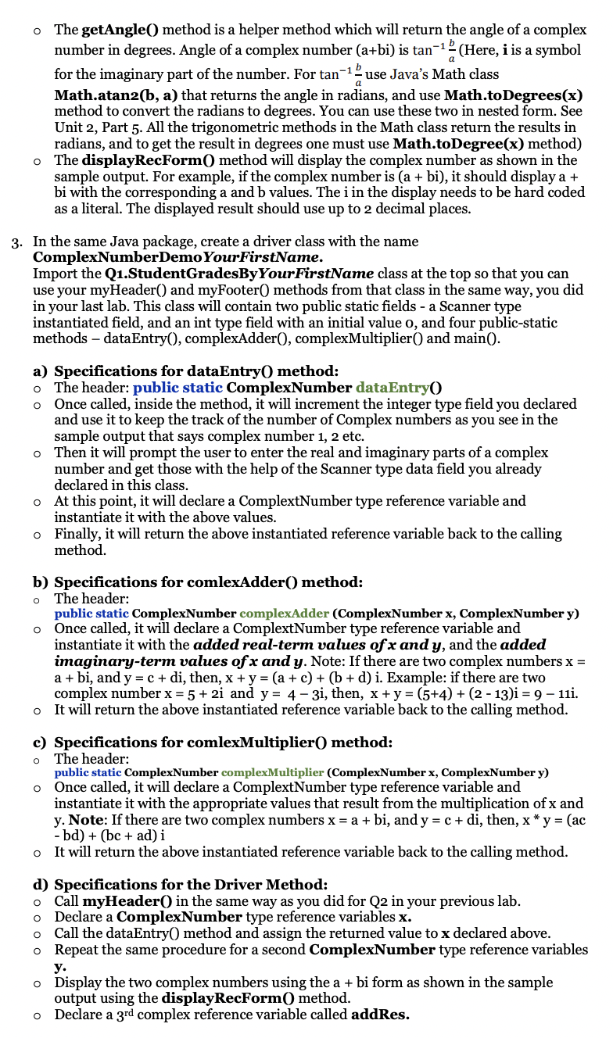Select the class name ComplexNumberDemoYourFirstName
tap(177, 257)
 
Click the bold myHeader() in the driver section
tap(120, 900)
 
